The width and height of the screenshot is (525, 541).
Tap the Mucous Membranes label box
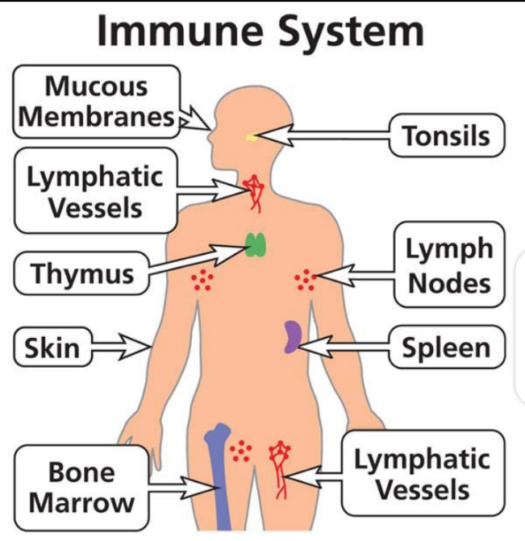point(96,101)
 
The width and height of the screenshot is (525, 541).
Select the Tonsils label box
point(446,135)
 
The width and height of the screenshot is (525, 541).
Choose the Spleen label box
point(446,348)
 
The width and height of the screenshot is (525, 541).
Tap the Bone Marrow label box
point(81,487)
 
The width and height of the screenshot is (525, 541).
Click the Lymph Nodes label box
point(448,266)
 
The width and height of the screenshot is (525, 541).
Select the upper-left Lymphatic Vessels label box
point(95,191)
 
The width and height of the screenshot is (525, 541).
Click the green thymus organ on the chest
point(256,244)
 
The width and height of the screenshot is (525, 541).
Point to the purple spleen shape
point(292,337)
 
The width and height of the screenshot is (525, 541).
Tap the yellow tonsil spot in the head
point(252,137)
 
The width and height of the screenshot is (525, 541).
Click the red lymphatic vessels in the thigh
point(281,465)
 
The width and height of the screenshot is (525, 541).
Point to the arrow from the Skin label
point(121,347)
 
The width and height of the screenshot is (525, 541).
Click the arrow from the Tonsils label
point(323,138)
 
